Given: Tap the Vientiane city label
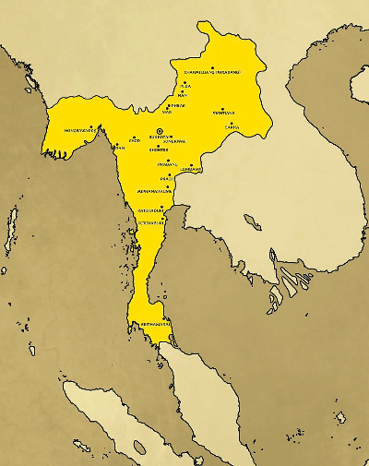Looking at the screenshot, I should [223, 114].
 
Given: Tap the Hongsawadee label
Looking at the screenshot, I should [80, 131].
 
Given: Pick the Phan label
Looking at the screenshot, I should [119, 147].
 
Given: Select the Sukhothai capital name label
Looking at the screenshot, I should [160, 137].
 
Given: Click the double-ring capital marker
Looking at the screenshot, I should [160, 131].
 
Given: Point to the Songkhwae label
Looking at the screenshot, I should [175, 142].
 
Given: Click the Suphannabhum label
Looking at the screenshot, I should [152, 191].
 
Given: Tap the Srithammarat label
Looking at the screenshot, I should [150, 325].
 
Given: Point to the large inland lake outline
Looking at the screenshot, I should [249, 222].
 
